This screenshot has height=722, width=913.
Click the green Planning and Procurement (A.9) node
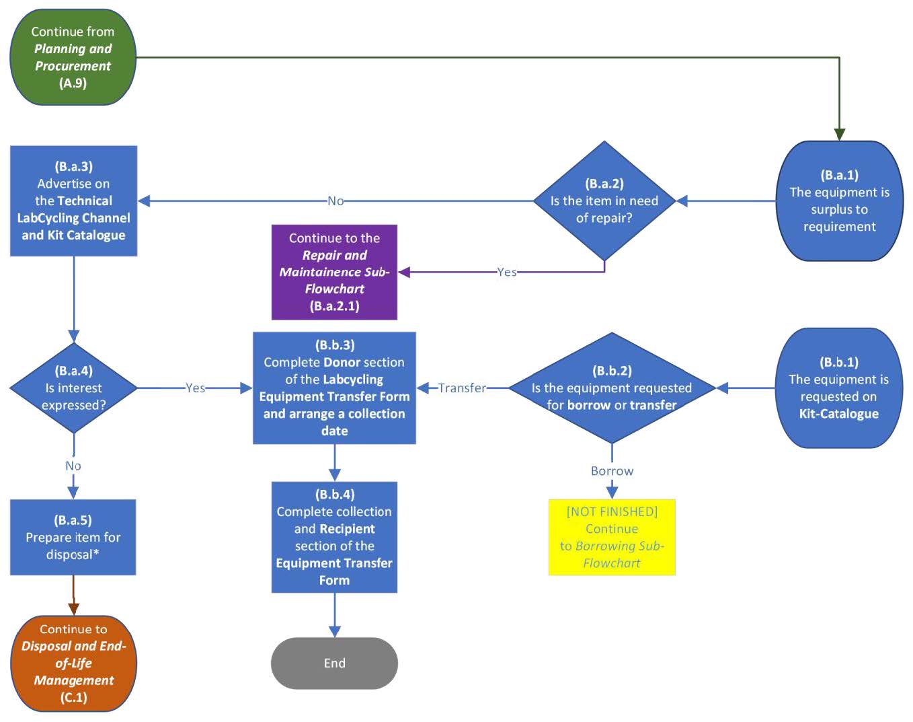73,57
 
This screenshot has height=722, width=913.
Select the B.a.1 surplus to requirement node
839,201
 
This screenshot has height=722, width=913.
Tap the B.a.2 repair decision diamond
604,201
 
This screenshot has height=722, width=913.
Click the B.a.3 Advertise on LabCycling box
73,201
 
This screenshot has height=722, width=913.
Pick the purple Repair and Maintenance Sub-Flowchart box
334,272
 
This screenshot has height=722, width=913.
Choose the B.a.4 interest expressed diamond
73,388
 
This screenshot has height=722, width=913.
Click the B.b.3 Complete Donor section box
334,388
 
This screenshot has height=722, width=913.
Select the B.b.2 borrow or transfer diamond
611,388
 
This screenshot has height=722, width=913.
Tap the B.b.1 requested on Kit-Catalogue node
838,388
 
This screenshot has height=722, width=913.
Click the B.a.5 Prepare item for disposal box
73,537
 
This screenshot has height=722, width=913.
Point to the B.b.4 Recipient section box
334,537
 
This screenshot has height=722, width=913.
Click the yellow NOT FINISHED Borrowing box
611,537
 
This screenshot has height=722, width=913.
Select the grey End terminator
334,663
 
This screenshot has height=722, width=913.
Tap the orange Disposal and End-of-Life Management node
73,663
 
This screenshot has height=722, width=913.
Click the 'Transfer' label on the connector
462,388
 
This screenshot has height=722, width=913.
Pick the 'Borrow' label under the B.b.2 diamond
612,471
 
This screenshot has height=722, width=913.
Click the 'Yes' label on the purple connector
507,272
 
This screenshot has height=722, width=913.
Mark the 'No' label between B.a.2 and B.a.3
335,201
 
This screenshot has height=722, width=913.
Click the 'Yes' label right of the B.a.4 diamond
195,388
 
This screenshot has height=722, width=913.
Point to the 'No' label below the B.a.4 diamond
73,466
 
